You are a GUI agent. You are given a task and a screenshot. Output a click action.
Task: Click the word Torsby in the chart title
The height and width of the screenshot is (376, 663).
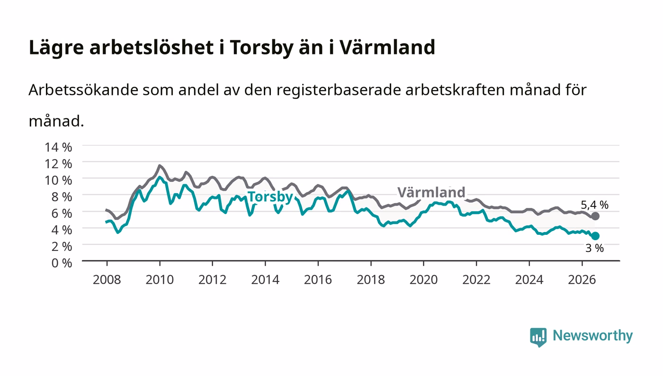click(261, 48)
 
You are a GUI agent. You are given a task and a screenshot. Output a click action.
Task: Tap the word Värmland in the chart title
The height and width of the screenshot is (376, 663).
click(387, 47)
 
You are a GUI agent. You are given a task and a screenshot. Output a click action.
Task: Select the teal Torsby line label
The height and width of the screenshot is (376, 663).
click(270, 197)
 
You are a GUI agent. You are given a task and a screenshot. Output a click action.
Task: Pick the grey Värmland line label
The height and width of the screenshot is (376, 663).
click(431, 192)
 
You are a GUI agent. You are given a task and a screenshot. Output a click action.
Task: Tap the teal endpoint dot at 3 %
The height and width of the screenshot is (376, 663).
click(595, 236)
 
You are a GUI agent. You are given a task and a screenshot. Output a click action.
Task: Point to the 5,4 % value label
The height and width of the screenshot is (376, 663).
click(594, 205)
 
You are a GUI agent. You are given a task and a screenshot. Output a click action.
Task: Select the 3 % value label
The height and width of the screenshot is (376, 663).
click(594, 248)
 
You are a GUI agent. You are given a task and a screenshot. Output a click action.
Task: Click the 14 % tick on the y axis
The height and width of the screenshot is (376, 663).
click(58, 147)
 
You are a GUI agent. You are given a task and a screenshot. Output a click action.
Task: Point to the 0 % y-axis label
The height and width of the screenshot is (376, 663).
click(62, 263)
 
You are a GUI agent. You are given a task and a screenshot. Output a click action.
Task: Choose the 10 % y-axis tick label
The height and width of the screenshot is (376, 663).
click(58, 180)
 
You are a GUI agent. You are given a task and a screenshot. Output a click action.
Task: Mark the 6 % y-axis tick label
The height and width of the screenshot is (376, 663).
click(62, 214)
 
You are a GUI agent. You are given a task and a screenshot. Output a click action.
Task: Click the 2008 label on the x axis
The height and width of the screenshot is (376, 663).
click(107, 280)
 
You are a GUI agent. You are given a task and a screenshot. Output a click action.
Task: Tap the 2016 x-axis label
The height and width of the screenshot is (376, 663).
click(318, 280)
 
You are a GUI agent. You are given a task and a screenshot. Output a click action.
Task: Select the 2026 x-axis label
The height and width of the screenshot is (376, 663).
click(582, 280)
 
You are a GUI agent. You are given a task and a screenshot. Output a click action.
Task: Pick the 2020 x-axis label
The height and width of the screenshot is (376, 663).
click(423, 280)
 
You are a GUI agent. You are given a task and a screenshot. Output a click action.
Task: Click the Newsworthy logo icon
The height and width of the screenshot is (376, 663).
click(538, 337)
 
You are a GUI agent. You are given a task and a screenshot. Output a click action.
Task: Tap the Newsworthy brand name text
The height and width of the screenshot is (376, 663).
click(592, 336)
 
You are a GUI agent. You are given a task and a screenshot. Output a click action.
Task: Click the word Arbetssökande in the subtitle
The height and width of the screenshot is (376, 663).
click(83, 90)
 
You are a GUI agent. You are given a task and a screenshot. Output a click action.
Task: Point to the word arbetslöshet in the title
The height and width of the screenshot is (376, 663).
click(151, 47)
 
